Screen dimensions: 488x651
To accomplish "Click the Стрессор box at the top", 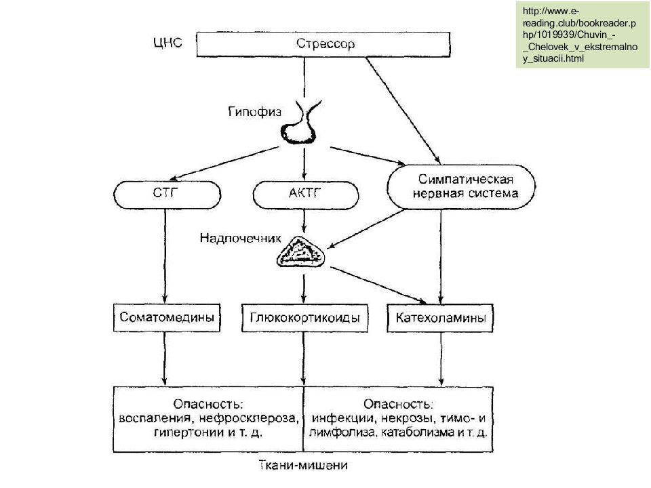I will pos(324,45).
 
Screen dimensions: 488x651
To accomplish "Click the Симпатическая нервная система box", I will pos(460,186).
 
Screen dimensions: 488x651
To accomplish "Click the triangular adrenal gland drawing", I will pos(302,253).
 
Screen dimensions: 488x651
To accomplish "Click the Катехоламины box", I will pos(441,317).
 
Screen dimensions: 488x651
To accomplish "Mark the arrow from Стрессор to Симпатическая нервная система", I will pos(400,108).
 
